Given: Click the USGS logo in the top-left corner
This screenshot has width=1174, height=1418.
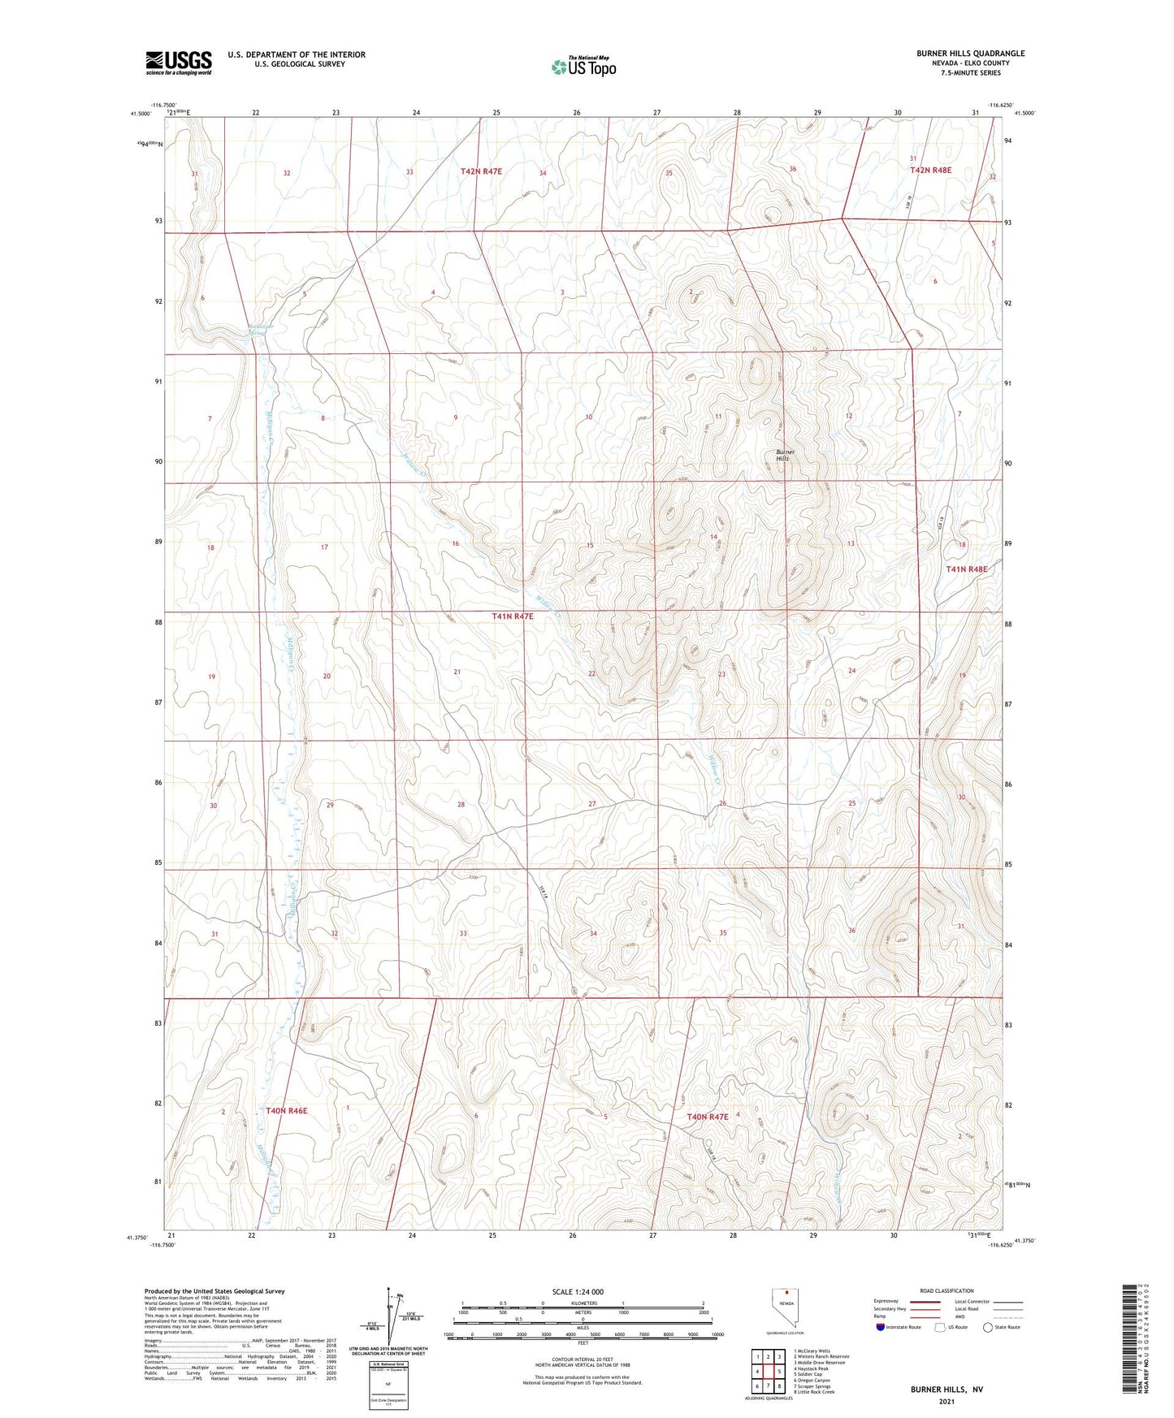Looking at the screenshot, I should coord(179,62).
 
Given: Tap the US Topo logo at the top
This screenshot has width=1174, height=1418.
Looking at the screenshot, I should coord(583,67).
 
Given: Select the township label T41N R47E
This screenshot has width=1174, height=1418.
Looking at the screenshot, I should coord(513,616).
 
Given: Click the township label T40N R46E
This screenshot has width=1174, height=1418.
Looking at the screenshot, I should coord(287,1109).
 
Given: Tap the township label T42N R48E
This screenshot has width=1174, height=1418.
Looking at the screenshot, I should coord(930,171).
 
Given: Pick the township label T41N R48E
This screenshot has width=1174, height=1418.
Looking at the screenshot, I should coord(966,569).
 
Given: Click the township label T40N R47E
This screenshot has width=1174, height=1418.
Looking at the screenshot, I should coord(708,1117).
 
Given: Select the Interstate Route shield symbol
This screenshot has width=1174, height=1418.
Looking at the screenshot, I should coord(881,1328).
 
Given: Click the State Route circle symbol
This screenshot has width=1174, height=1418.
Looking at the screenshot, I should coord(988,1328).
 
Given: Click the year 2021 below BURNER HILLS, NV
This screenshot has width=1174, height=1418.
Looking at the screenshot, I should coord(947,1402).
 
